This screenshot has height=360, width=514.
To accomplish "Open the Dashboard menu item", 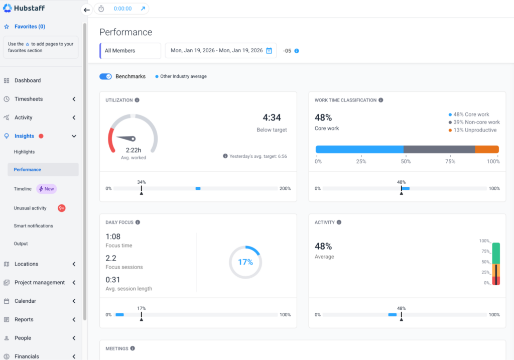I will pos(28,80).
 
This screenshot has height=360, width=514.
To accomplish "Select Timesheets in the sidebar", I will pos(29,99).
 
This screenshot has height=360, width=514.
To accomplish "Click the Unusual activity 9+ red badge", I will pos(62,208).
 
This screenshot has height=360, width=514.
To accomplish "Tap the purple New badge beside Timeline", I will pos(46,189).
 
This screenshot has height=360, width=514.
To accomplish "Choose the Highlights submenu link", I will pos(24,152).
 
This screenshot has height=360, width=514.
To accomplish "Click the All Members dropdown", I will pos(131,51).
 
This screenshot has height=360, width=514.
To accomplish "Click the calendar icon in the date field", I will pos(269,51).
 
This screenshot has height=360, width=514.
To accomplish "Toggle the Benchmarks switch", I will pos(105,76).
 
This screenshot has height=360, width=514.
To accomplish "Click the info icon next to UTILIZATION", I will pos(137,100).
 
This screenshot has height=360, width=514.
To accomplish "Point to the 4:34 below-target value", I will pos(272,117).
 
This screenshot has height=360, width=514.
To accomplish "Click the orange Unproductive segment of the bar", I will pos(486,149).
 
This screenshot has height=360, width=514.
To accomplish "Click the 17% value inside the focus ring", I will pos(245,262).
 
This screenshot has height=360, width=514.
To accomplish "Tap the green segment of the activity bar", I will pos(496,253).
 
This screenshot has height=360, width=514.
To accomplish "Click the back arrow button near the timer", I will pos(87,10).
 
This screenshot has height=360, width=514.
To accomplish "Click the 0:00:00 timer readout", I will pos(122,9).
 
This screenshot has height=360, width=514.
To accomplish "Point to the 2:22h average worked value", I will pos(133,150).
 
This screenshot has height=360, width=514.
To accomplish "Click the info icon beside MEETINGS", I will pos(133,348).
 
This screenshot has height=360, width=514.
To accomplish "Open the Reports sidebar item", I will pos(24,319).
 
